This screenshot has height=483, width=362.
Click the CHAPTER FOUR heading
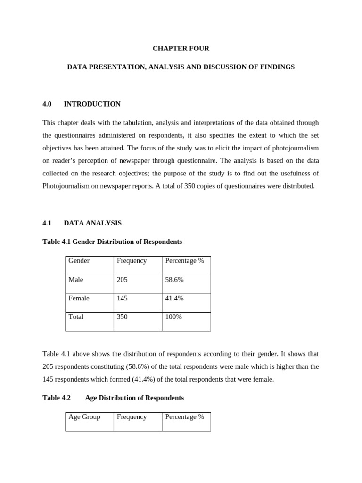pyautogui.click(x=181, y=49)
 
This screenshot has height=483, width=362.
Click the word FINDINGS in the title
pyautogui.click(x=278, y=67)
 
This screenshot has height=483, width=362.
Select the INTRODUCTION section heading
pyautogui.click(x=92, y=104)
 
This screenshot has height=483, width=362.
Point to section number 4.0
pyautogui.click(x=47, y=104)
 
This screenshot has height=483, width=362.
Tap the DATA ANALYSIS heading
pyautogui.click(x=92, y=223)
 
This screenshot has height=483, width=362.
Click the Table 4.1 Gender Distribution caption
pyautogui.click(x=112, y=241)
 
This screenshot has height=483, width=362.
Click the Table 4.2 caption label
pyautogui.click(x=57, y=398)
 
